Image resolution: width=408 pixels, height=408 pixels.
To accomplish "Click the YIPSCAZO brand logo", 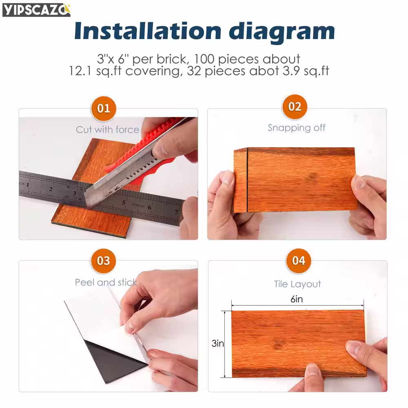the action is [x=36, y=10].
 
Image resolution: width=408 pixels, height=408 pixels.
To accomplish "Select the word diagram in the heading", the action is [x=282, y=32].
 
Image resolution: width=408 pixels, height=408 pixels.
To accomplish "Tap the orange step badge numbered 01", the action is [x=104, y=108].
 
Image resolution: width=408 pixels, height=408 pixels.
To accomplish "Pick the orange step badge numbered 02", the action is [x=295, y=106].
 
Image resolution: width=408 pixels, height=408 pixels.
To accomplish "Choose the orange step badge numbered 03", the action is [x=103, y=261].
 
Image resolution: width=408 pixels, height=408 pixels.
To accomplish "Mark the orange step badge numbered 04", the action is [x=299, y=261].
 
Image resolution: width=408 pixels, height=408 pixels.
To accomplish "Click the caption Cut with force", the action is [x=107, y=130].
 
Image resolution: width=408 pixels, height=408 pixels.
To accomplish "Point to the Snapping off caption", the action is [x=296, y=128].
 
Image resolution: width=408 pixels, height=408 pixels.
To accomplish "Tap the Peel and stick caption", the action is [x=106, y=282].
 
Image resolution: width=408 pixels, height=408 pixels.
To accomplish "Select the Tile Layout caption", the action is [x=297, y=284].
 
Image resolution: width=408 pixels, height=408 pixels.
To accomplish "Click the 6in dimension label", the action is [x=297, y=299].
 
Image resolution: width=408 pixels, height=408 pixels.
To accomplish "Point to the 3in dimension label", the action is [x=218, y=344].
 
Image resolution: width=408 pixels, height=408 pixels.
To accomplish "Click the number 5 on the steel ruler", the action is [x=124, y=202].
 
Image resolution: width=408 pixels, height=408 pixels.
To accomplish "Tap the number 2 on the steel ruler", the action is [x=51, y=189].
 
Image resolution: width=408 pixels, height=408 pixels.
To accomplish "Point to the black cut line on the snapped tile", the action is [x=247, y=180].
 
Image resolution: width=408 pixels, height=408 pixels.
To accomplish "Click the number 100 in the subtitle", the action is [x=204, y=59].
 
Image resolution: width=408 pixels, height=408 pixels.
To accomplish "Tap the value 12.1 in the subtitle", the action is [x=80, y=71].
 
